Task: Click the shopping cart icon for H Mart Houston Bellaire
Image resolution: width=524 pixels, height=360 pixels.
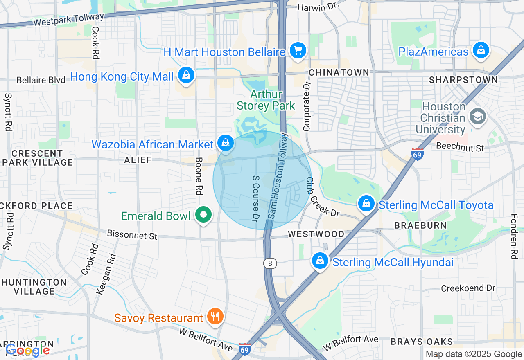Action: tap(298, 51)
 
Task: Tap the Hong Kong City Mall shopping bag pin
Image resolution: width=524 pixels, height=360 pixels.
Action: tap(186, 75)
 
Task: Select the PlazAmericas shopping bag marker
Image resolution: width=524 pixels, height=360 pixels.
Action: tap(481, 50)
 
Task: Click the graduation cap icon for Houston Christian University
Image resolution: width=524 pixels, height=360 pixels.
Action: tap(477, 117)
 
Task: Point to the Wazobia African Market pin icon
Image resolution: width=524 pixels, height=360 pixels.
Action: tap(225, 143)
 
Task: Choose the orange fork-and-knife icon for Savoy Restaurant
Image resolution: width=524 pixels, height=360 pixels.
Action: tap(215, 316)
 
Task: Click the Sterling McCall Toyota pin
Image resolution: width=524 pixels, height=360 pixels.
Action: tap(366, 203)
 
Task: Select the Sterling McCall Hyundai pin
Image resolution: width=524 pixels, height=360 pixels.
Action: tap(320, 261)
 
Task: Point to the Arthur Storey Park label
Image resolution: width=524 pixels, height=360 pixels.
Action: tap(266, 100)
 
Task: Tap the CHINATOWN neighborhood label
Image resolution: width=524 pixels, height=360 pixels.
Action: tap(339, 72)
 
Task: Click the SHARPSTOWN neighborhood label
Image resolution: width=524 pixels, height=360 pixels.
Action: tap(463, 80)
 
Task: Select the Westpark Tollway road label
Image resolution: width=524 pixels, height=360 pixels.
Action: tap(69, 19)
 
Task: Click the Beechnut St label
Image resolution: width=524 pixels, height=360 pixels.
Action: tap(460, 147)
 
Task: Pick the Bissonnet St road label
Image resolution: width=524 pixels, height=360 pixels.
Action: tap(132, 235)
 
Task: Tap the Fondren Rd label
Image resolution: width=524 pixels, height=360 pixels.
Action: tap(514, 237)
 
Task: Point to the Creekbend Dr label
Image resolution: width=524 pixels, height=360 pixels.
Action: tap(468, 288)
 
